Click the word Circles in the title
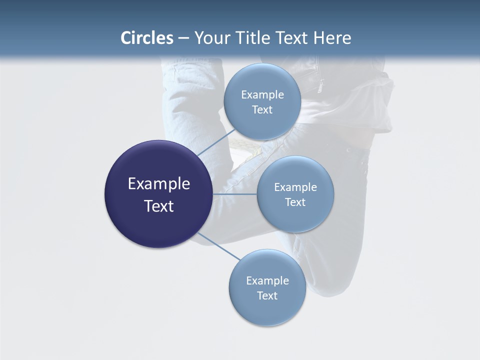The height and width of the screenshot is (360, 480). point(146,38)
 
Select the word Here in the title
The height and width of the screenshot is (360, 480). point(332,38)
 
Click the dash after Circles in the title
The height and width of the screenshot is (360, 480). point(183,38)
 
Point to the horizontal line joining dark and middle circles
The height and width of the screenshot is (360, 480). point(235,194)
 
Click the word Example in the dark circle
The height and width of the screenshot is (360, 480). point(159,184)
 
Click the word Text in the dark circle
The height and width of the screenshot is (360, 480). point(159,206)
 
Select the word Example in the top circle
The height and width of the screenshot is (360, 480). point(262,95)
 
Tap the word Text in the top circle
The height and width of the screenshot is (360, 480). point(262,110)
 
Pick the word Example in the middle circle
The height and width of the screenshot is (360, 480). point(295,187)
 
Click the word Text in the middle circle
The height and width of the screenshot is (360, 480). point(295,202)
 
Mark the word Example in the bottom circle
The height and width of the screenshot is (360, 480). point(267,281)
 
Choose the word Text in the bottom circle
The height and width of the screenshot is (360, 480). point(267,296)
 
